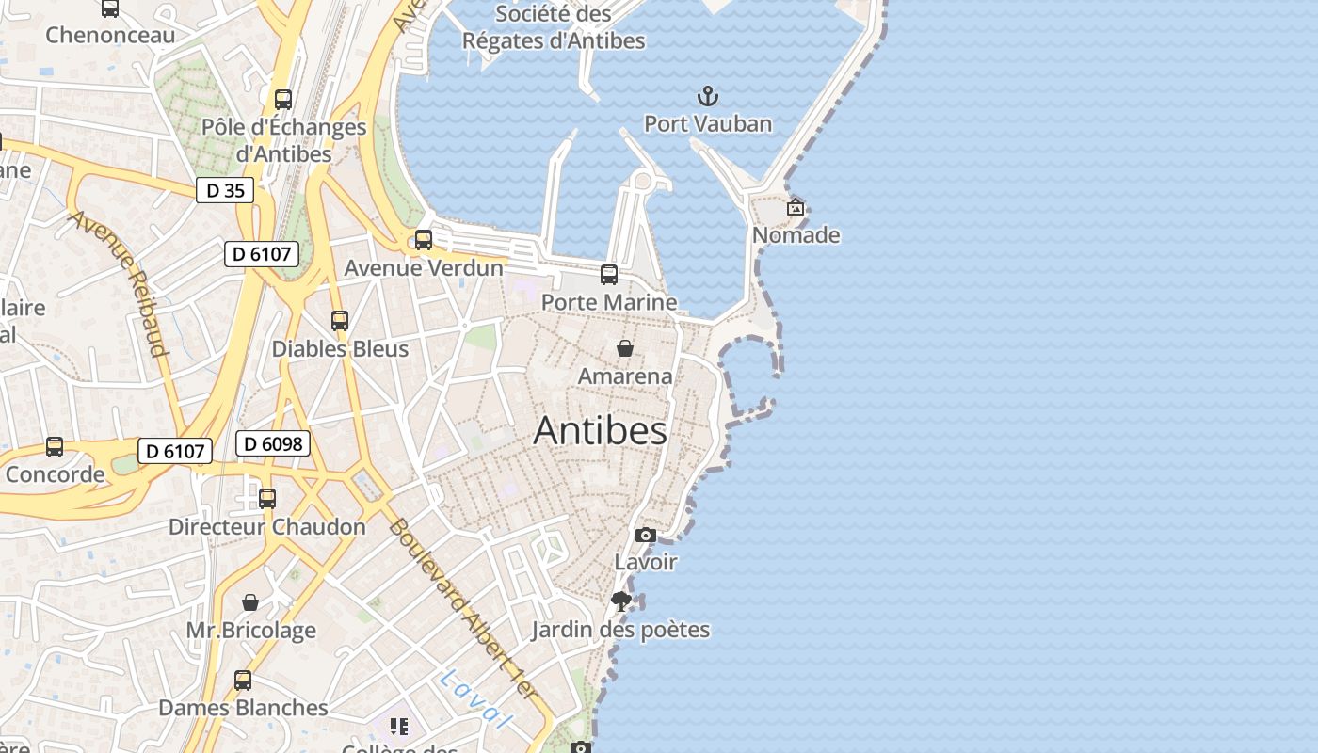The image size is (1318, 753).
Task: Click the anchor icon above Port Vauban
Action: [707, 96]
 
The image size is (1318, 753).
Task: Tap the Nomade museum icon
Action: [796, 207]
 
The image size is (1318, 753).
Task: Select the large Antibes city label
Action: [600, 430]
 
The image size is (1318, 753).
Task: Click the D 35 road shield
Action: [225, 190]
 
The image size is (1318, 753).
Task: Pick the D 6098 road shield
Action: [272, 443]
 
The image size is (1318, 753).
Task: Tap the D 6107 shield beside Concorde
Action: [175, 451]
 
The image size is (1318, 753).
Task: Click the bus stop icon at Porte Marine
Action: [609, 275]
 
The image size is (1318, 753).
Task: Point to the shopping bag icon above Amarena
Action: [624, 349]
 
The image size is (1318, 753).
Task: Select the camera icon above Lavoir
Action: [645, 535]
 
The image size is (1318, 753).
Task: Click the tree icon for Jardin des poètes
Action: [620, 601]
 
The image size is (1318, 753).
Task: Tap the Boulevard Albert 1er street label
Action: [462, 608]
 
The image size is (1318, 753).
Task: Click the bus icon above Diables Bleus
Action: [340, 321]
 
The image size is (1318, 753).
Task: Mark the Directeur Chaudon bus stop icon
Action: [267, 499]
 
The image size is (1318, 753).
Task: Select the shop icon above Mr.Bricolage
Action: [250, 602]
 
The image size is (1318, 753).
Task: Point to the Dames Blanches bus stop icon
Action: [243, 681]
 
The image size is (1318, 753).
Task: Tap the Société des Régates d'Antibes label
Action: [554, 27]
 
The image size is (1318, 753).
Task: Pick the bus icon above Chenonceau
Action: [110, 8]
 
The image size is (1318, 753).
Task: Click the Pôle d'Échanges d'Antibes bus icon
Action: [283, 99]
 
